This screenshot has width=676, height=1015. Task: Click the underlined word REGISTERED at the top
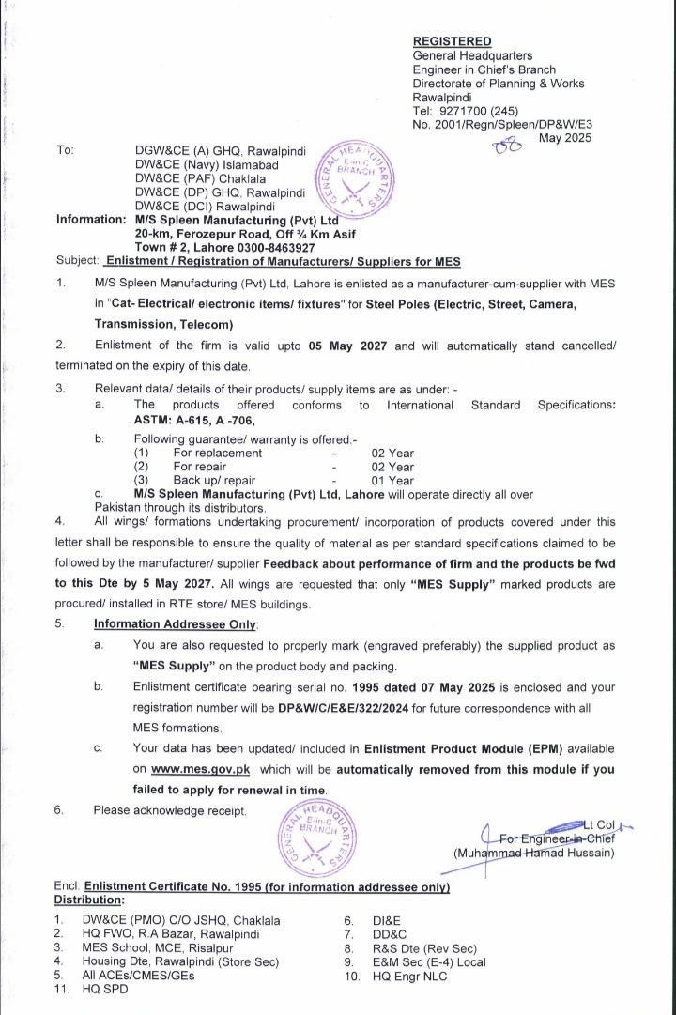coord(452,41)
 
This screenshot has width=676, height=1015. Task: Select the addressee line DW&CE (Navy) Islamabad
coord(207,164)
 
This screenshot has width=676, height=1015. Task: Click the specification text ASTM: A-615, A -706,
coord(198,420)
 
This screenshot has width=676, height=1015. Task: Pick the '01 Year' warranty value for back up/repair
coord(392,481)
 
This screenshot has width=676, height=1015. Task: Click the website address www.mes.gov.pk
coord(200,769)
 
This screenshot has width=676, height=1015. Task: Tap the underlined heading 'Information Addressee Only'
coord(176,623)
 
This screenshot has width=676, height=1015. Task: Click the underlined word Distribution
coord(96,900)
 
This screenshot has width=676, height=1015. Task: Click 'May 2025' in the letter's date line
coord(564,137)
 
